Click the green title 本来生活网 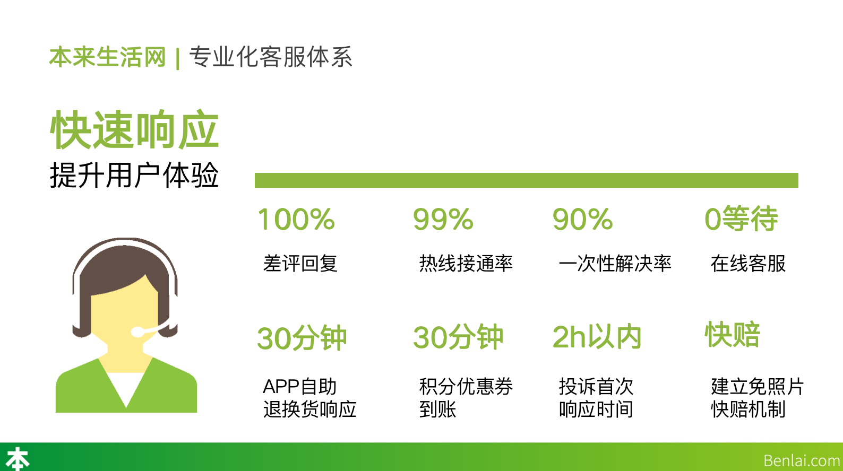tap(108, 57)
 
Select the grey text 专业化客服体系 tap(271, 57)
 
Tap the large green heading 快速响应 tap(134, 129)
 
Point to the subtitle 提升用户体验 tap(134, 175)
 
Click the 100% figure tap(296, 220)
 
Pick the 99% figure tap(443, 220)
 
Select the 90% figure tap(582, 220)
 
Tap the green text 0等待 tap(741, 219)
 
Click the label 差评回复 tap(300, 263)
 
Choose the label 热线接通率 tap(466, 263)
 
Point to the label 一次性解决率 tap(615, 263)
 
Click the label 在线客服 tap(748, 263)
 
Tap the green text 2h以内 tap(597, 337)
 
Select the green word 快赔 tap(733, 334)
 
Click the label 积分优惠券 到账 tap(466, 398)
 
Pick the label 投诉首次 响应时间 tap(596, 398)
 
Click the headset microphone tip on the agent tap(137, 332)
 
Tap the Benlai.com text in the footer tap(802, 460)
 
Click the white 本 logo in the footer tap(18, 459)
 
